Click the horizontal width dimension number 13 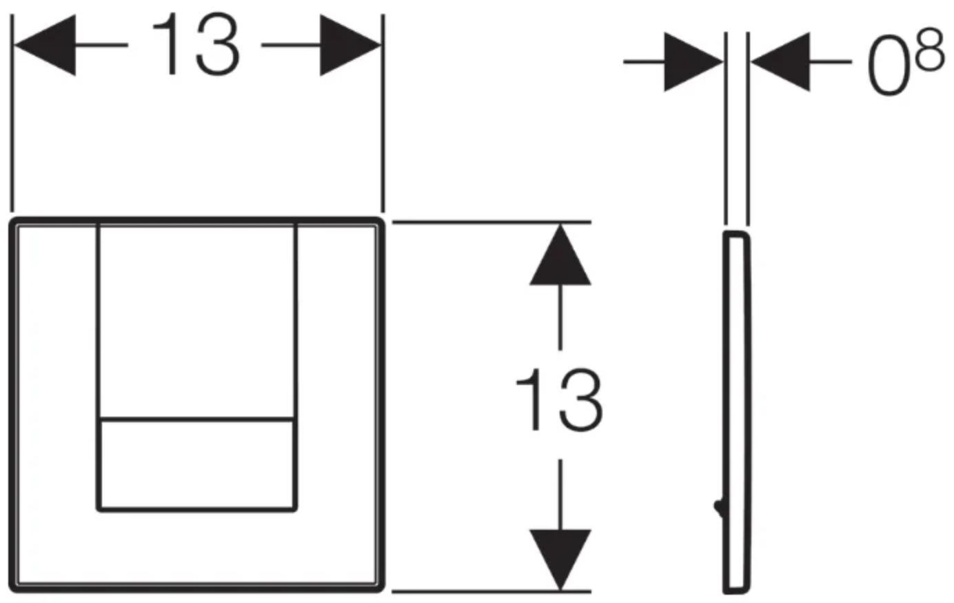[196, 44]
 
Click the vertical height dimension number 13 [560, 399]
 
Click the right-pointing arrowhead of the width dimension [350, 45]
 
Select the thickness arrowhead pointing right [693, 62]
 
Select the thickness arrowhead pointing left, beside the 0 [780, 62]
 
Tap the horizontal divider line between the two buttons [196, 420]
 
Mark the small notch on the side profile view [719, 506]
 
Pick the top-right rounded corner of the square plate [379, 222]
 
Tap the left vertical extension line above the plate [12, 113]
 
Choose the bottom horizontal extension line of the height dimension [491, 591]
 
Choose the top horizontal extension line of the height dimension [491, 222]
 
